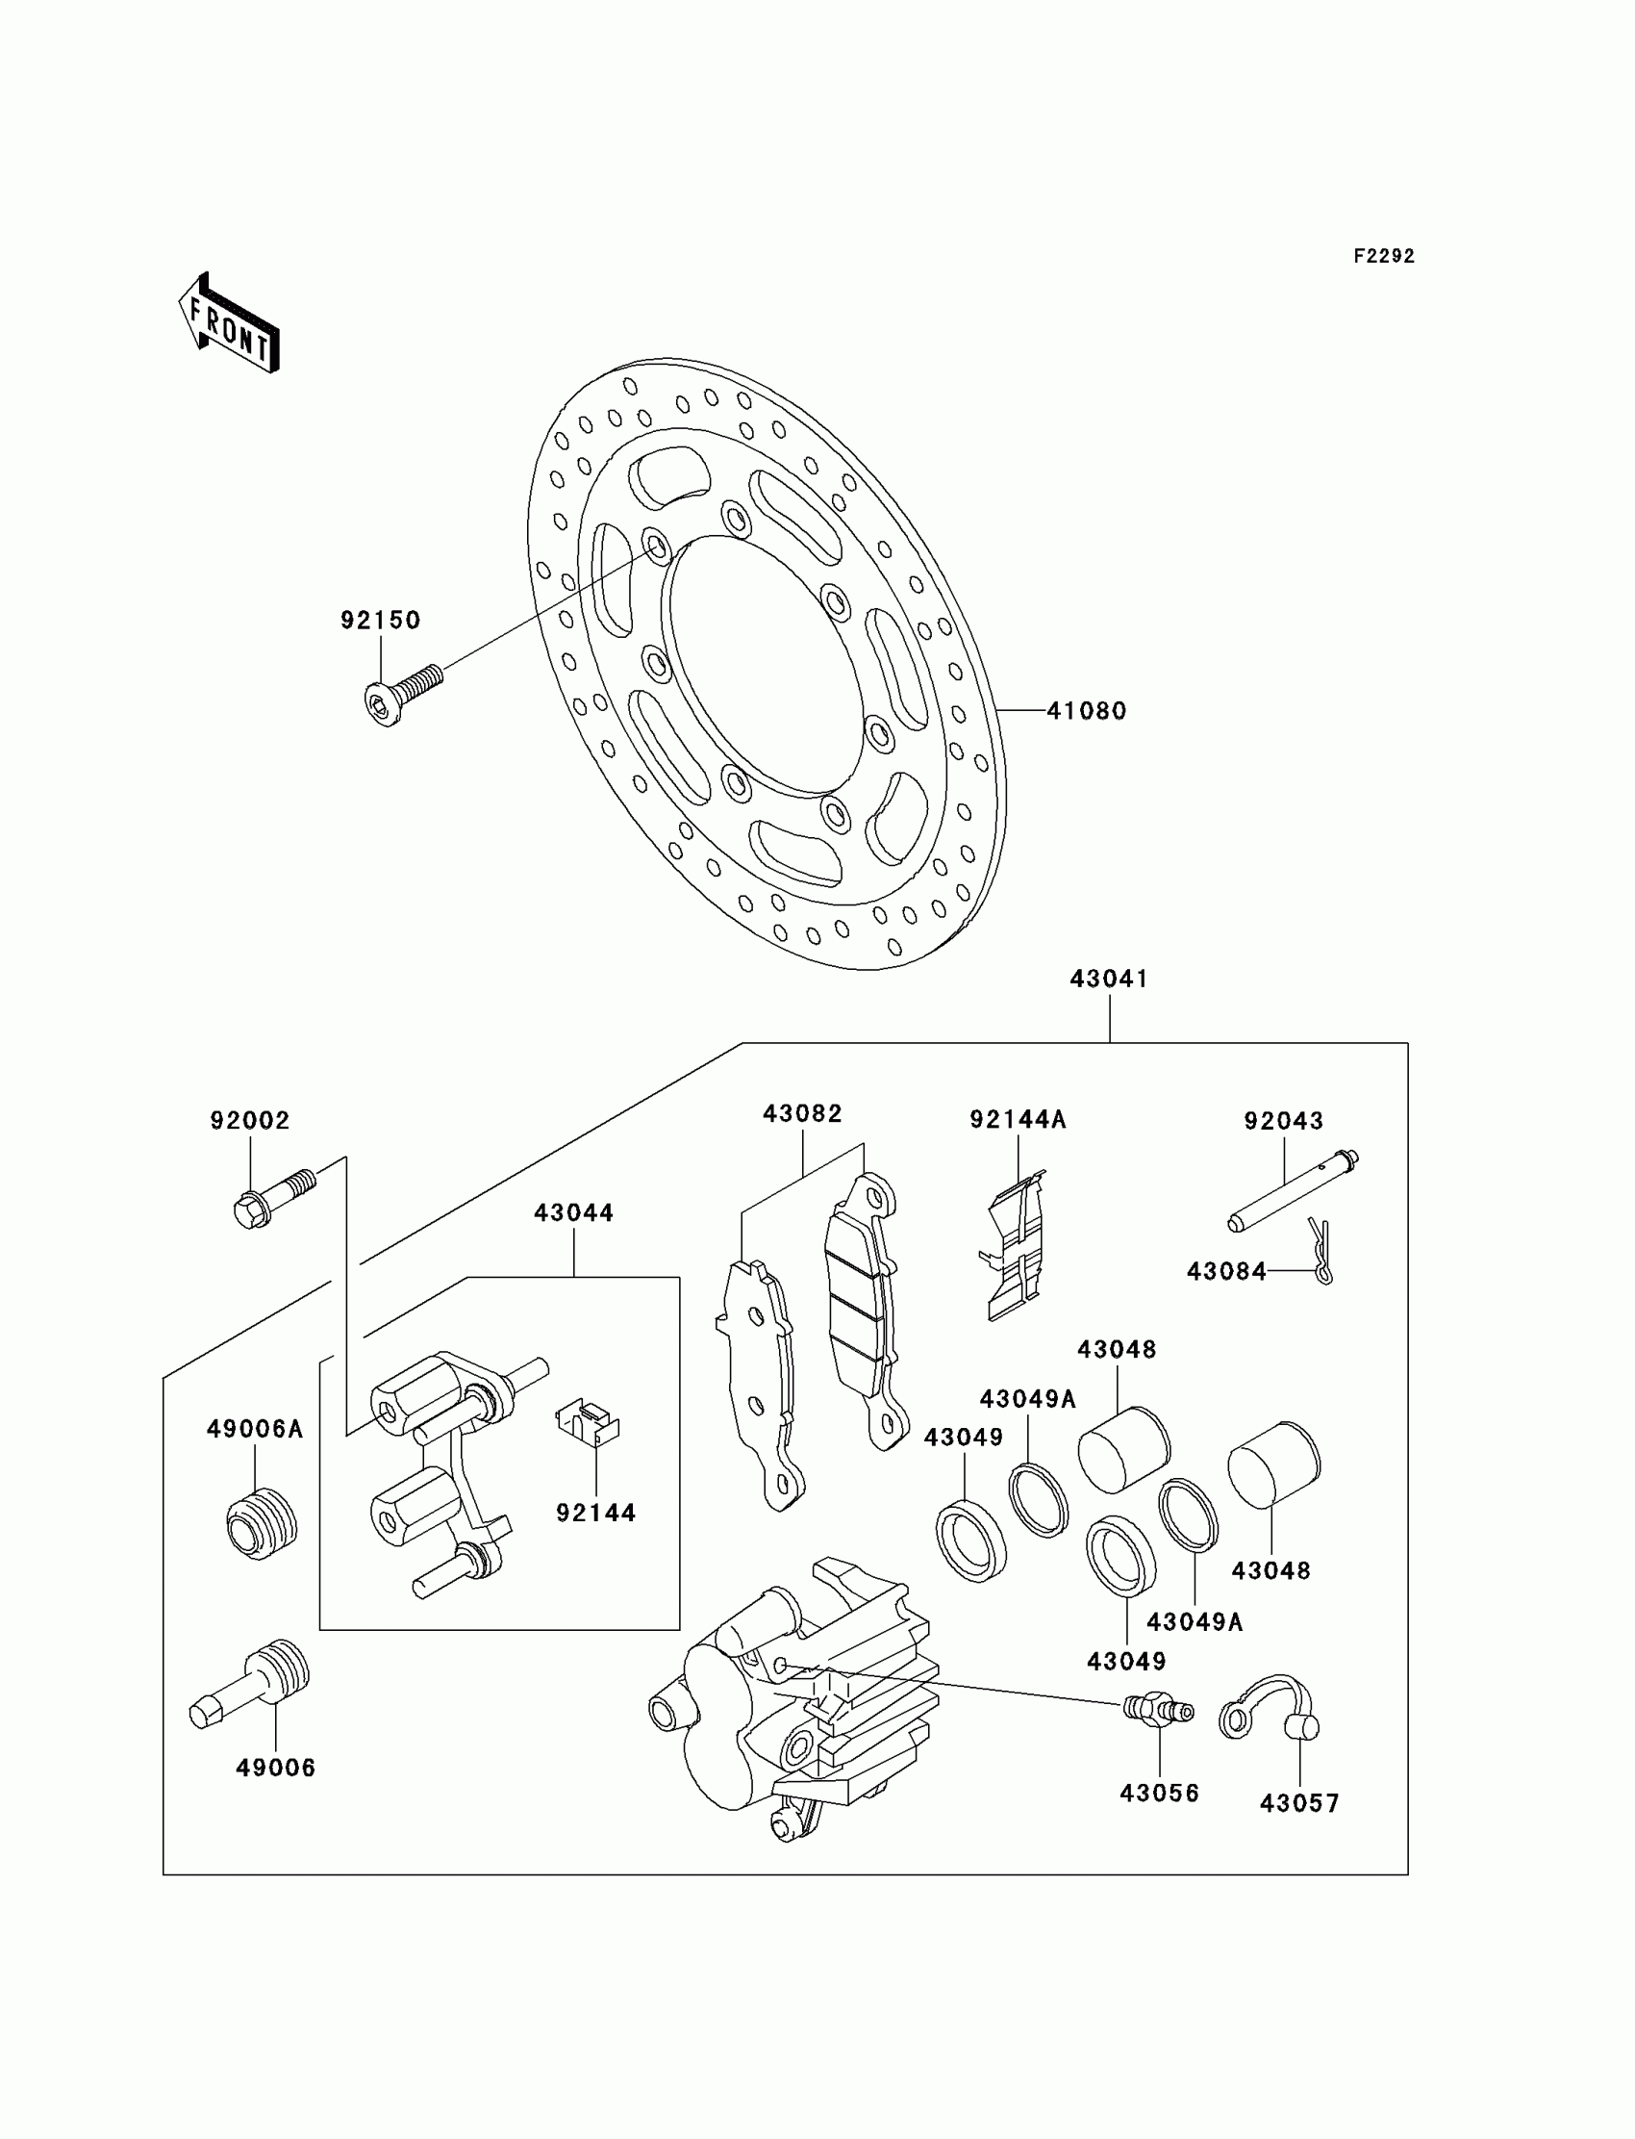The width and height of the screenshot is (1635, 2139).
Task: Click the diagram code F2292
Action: (x=1384, y=256)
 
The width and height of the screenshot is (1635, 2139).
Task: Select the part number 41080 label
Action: (x=1086, y=711)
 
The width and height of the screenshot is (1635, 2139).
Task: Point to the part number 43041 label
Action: (x=1109, y=979)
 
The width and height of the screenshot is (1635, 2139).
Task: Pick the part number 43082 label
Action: (x=802, y=1113)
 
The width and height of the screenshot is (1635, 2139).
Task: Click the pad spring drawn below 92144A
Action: (x=1014, y=1249)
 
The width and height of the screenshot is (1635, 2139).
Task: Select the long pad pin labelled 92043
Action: (x=1292, y=1191)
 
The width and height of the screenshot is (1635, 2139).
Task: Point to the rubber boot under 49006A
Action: (x=260, y=1525)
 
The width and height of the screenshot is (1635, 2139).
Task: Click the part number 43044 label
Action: (x=573, y=1213)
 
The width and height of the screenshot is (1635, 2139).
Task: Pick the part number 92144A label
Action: (x=1018, y=1121)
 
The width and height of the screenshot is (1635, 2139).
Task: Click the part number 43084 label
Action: (x=1226, y=1271)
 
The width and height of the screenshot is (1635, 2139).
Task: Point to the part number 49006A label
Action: (x=255, y=1429)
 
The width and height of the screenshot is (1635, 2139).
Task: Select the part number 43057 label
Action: (x=1299, y=1803)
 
